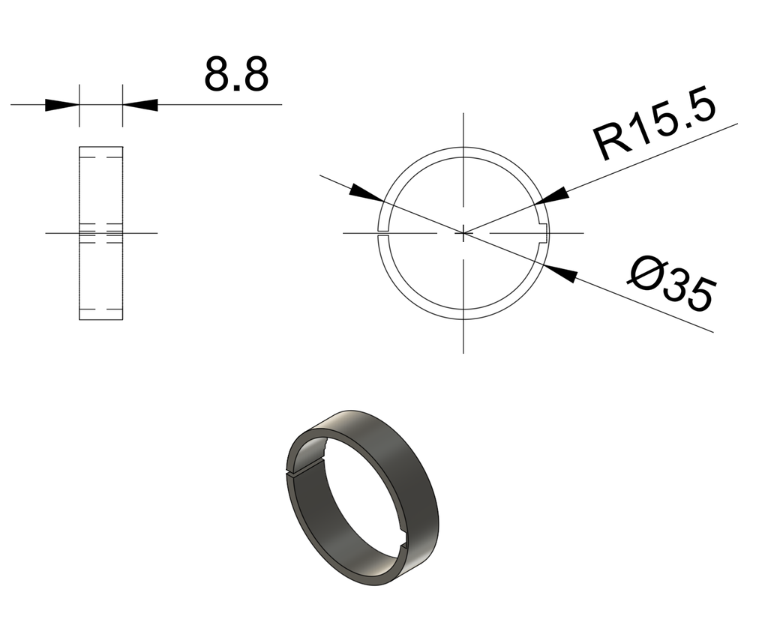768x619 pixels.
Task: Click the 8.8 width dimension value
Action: [x=235, y=74]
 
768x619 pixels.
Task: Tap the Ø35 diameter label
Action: [x=670, y=285]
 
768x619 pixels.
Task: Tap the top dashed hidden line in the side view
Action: [x=101, y=157]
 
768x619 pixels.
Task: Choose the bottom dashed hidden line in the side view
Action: [x=101, y=309]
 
